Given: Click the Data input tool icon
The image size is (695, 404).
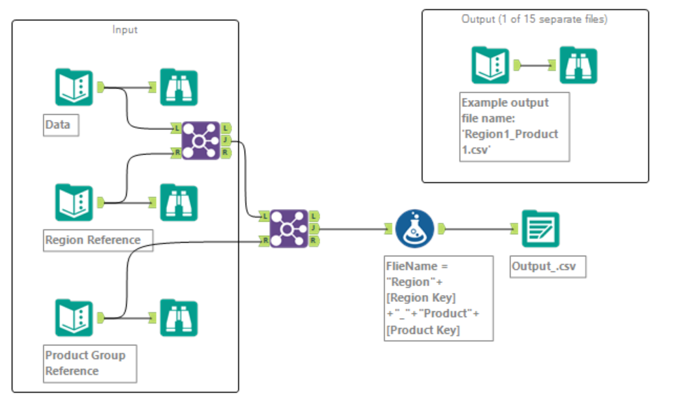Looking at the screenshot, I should [x=73, y=87].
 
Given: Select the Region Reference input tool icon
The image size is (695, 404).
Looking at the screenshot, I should [x=73, y=202].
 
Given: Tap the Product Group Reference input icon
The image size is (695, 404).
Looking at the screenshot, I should [x=73, y=317].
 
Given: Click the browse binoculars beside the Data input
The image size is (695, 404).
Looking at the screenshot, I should [x=178, y=87].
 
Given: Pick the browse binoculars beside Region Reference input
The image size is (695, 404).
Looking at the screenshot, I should [x=178, y=202].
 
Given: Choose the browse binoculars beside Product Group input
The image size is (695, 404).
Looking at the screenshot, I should [x=178, y=317].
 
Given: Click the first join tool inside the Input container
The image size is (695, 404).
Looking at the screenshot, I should [x=201, y=140].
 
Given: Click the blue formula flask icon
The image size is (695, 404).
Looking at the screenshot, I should [x=415, y=229].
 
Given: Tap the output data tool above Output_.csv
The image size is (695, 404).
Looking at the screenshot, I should [x=540, y=229].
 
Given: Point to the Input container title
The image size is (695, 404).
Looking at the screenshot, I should [x=125, y=29].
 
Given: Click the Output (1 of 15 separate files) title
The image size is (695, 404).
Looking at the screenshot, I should [x=534, y=19].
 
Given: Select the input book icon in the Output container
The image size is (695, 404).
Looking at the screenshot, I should [x=489, y=65].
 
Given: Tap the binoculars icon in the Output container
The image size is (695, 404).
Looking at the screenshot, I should [x=578, y=65].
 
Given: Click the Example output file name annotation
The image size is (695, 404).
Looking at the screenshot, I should [x=514, y=127].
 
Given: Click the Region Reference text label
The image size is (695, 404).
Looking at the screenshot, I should [x=93, y=240].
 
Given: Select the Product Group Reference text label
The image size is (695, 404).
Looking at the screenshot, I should [x=86, y=363].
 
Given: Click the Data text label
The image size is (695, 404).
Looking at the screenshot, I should [x=58, y=125].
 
